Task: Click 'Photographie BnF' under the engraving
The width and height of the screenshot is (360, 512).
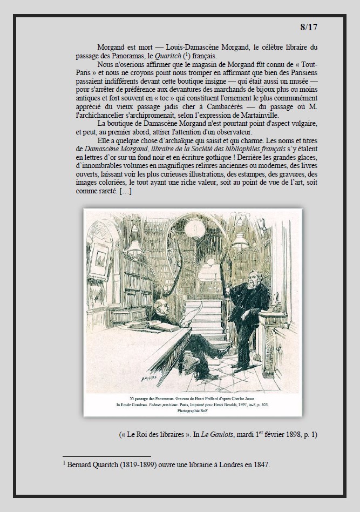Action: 193,410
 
